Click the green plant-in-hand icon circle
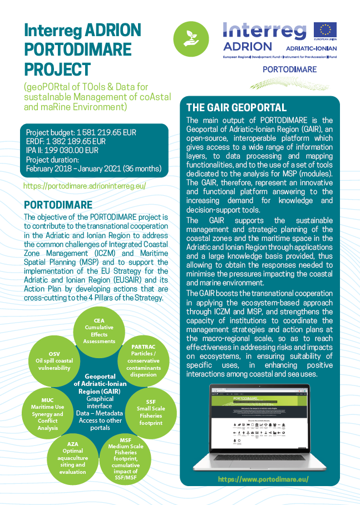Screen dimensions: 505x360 (x=191, y=38)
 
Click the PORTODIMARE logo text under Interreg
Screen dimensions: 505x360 (x=289, y=70)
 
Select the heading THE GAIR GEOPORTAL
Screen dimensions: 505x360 (x=236, y=108)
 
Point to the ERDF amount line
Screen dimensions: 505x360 (x=66, y=141)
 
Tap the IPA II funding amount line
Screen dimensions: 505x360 (x=62, y=150)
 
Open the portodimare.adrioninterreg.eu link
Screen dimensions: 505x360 (x=85, y=186)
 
